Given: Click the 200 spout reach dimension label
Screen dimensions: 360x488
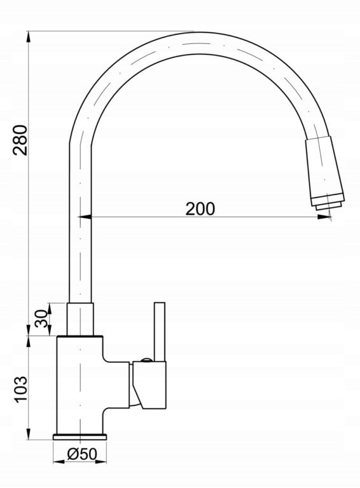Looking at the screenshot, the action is (x=200, y=209).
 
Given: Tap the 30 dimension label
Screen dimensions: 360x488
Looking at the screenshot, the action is (x=42, y=318).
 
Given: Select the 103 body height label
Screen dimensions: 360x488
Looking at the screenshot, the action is (x=21, y=390).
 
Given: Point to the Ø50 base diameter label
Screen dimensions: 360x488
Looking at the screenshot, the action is (x=82, y=454).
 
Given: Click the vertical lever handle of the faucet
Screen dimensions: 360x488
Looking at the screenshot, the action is (x=160, y=332).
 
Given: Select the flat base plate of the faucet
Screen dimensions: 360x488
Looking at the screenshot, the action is (x=80, y=437).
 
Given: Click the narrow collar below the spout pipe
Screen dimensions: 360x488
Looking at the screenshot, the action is (x=80, y=320).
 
